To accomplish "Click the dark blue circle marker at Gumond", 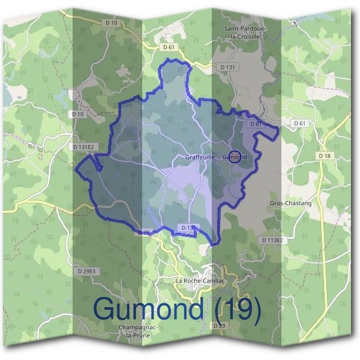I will tap(235, 157).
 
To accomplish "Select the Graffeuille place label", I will tap(200, 157).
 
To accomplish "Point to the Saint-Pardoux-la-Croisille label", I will tap(244, 32).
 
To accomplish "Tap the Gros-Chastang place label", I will tap(291, 203).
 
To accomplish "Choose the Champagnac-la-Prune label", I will tap(138, 331).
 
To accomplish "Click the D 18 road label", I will tap(325, 155).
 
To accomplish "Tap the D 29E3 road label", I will tap(87, 271).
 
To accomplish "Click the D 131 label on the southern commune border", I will tap(188, 228).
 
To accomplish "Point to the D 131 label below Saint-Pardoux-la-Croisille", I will tap(227, 67).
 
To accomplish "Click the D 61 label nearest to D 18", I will tap(300, 123).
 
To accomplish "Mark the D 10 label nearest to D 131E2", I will tap(77, 114).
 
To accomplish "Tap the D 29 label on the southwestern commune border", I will tap(143, 232).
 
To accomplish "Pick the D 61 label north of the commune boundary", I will tap(169, 46).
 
